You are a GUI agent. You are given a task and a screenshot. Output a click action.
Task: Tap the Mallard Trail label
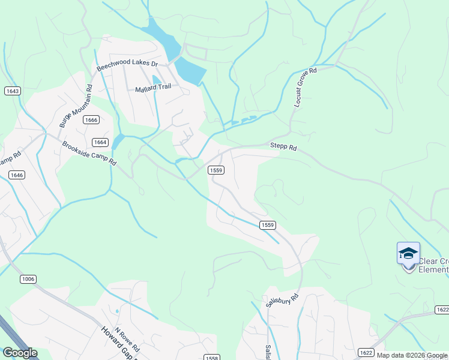click(152, 87)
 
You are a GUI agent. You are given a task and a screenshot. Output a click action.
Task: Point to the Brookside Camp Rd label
click(88, 154)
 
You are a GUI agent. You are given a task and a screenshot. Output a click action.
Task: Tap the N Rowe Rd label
click(127, 339)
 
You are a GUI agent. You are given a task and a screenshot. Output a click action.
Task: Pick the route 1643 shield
click(12, 91)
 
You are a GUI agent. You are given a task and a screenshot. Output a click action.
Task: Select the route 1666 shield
click(91, 120)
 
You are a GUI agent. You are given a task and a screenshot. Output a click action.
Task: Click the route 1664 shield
click(100, 142)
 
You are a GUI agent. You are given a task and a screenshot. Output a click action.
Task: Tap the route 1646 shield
click(17, 175)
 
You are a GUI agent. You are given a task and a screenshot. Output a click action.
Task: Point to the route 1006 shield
click(28, 279)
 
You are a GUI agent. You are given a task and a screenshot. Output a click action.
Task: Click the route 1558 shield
click(211, 358)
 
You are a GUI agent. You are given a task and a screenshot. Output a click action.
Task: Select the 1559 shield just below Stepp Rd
click(216, 170)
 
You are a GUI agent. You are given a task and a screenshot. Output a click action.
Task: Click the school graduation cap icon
click(408, 253)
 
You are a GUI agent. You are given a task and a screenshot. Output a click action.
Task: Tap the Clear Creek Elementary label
click(433, 265)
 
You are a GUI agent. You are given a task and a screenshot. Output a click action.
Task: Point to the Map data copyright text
click(412, 355)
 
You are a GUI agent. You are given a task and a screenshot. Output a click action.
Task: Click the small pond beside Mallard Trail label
click(157, 79)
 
